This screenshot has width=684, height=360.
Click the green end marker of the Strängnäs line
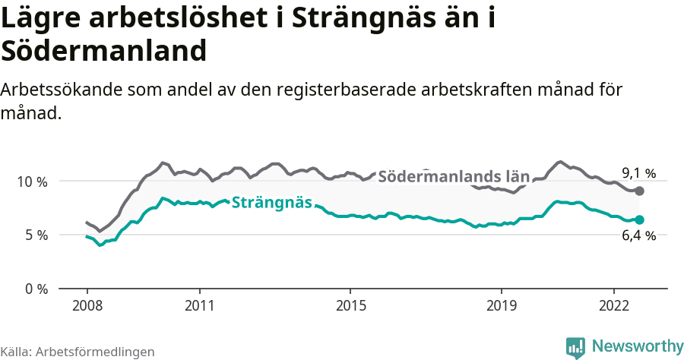tap(639, 219)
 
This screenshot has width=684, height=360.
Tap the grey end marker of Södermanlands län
tap(639, 191)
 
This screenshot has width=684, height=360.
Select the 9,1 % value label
tap(638, 173)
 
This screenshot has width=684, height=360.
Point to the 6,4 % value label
tap(638, 235)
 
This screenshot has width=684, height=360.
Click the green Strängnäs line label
tap(271, 202)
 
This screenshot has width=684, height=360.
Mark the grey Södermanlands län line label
tap(453, 176)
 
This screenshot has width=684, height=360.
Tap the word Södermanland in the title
tap(104, 51)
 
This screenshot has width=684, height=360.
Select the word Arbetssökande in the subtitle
tap(64, 89)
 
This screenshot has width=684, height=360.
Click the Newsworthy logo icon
tap(575, 347)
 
